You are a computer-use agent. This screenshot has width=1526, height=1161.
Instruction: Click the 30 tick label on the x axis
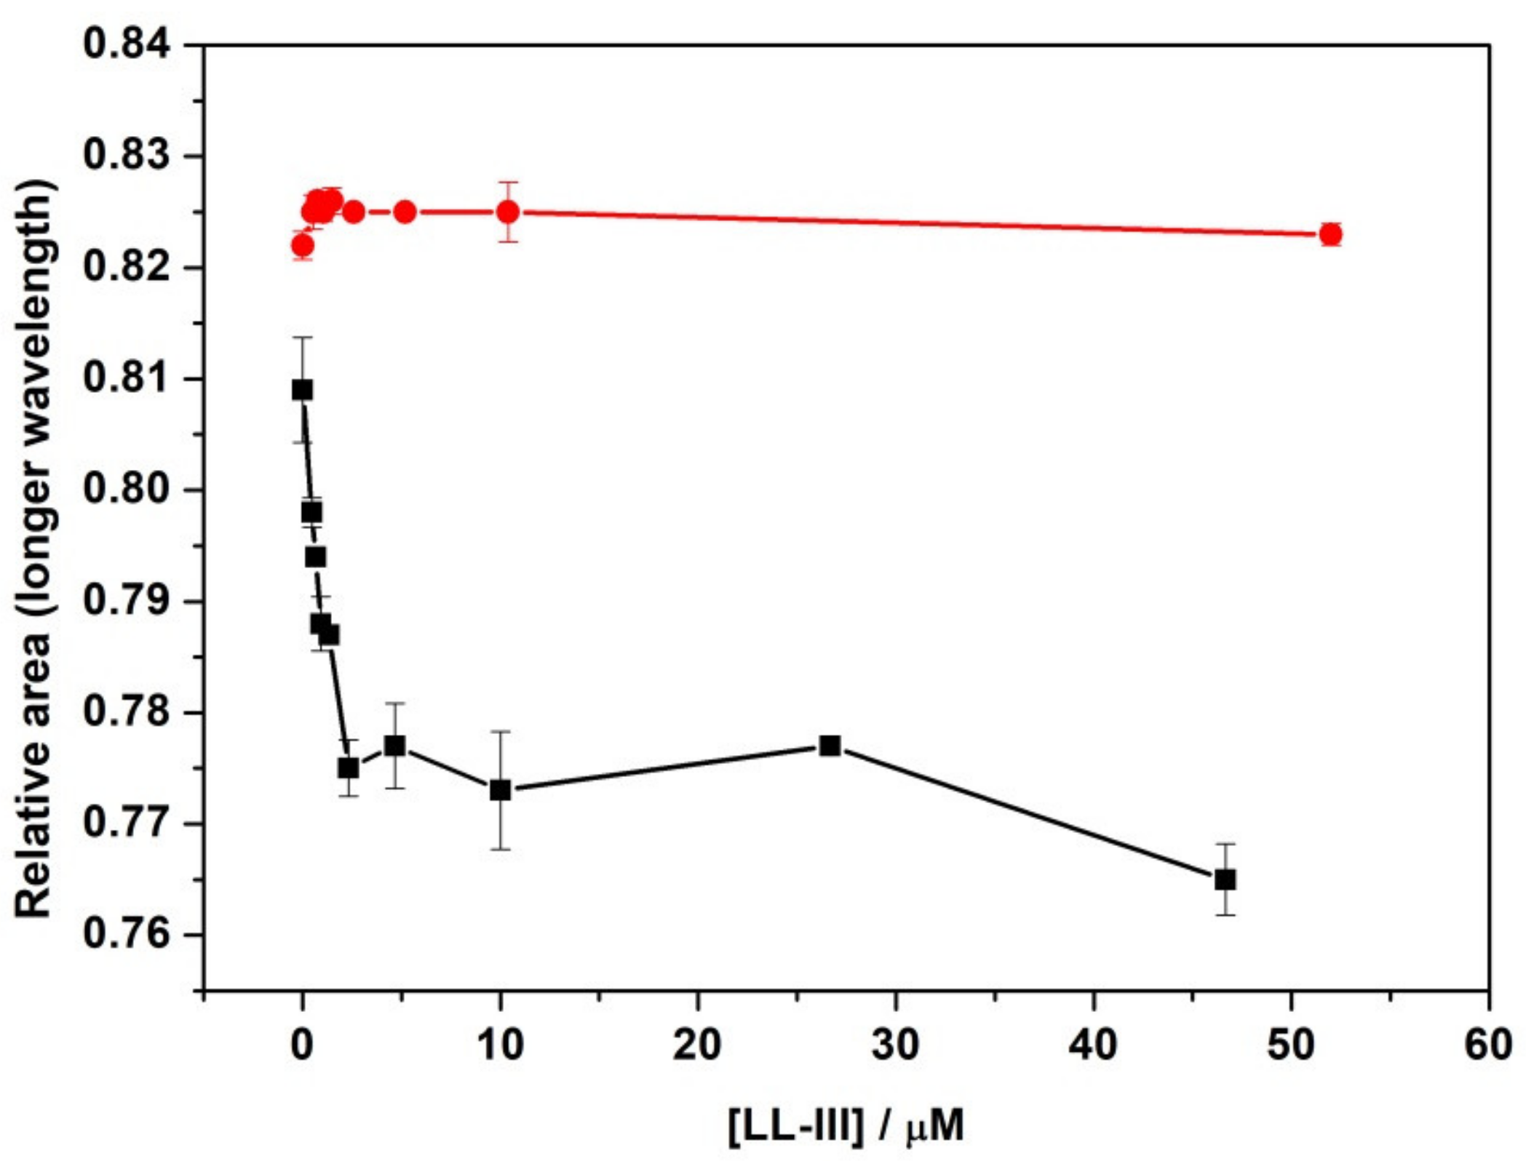tap(895, 1045)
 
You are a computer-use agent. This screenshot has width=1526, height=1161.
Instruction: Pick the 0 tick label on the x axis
tap(301, 1045)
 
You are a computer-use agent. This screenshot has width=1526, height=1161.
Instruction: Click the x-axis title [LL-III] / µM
tap(846, 1125)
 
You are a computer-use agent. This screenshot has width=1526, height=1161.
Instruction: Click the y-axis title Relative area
tap(35, 549)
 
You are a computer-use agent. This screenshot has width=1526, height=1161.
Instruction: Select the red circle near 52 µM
tap(1331, 234)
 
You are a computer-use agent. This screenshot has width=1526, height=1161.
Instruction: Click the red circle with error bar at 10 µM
tap(508, 212)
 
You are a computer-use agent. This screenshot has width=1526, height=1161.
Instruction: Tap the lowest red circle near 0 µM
tap(302, 246)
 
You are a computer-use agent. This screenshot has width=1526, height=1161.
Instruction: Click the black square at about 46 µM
tap(1225, 879)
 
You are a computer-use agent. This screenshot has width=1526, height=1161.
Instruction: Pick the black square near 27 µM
tap(830, 746)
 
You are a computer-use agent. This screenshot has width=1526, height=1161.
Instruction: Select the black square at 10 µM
tap(500, 790)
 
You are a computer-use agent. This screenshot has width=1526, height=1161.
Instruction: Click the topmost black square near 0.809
tap(302, 390)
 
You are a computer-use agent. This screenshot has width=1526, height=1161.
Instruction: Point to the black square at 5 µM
tap(395, 746)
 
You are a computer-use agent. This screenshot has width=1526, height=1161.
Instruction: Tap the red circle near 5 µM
tap(405, 212)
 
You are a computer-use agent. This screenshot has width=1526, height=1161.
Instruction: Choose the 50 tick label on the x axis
tap(1291, 1045)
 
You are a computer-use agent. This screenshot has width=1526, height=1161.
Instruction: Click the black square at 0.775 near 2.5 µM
tap(349, 768)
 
